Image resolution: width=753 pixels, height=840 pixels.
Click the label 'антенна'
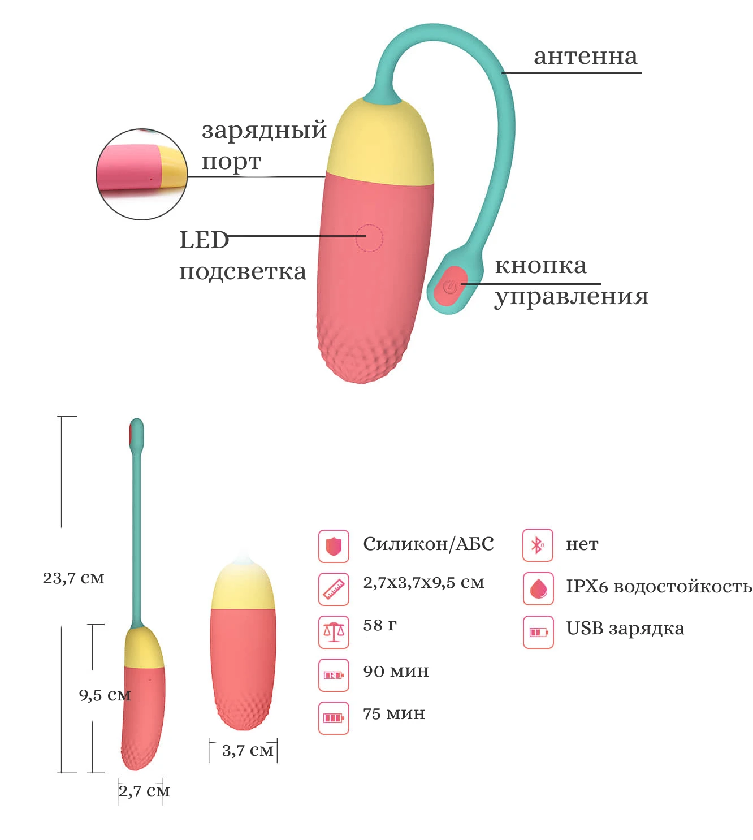point(585,57)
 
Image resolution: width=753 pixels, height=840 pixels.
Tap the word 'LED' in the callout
point(204,240)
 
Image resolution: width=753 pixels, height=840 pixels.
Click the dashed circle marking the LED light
point(369,238)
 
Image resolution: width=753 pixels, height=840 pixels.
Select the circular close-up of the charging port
point(141,174)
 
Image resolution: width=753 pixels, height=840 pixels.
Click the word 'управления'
point(571,296)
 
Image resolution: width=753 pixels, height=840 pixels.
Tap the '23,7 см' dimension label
point(73,578)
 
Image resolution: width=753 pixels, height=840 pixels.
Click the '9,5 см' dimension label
point(105,695)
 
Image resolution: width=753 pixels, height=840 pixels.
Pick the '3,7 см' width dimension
point(247,751)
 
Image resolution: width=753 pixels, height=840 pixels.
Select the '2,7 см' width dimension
point(144,791)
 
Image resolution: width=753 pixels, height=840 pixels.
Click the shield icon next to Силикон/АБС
point(334,546)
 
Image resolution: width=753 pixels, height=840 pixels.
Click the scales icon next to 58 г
point(334,631)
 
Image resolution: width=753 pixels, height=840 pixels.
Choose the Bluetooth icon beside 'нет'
point(538,545)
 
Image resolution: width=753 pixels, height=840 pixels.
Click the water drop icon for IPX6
point(538,588)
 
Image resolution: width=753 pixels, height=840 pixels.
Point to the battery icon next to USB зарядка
point(538,631)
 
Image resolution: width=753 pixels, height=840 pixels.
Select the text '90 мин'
point(396,672)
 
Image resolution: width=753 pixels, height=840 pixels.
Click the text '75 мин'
point(393,714)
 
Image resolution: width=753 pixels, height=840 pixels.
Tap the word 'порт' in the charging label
point(231,162)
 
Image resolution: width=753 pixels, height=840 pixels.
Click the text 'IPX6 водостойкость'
point(659,587)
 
